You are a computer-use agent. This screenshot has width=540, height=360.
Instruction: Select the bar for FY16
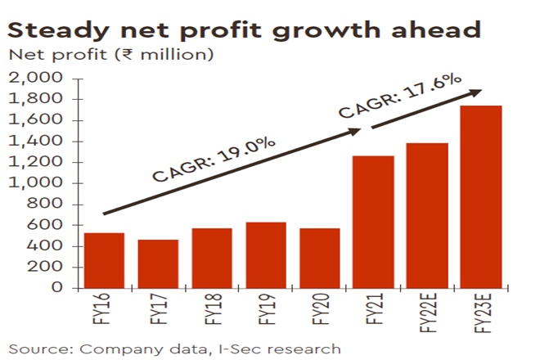[x=104, y=260]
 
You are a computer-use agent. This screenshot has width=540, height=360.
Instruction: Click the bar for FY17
[x=157, y=263]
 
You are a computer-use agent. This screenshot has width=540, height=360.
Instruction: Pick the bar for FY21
[x=373, y=221]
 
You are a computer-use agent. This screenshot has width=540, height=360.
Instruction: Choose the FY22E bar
[x=426, y=215]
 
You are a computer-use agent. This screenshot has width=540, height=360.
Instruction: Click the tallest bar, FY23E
[x=480, y=196]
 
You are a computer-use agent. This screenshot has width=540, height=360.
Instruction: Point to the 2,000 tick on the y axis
[x=35, y=78]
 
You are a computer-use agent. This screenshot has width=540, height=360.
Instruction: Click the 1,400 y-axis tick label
[x=35, y=141]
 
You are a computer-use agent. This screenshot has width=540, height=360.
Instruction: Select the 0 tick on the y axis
[x=57, y=288]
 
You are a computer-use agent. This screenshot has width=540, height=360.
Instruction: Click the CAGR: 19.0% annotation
[x=214, y=158]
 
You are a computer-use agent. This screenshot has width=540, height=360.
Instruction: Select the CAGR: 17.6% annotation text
[x=401, y=96]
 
